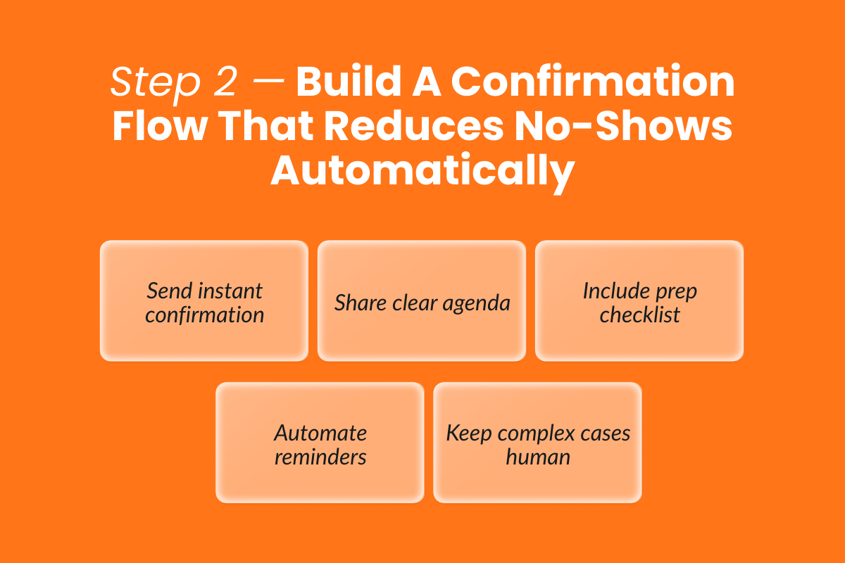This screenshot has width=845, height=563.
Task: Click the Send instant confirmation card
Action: point(204,301)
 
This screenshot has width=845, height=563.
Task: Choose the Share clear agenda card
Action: point(422,301)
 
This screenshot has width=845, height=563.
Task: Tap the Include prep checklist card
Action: point(639,301)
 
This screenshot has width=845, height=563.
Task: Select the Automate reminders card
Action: point(320,443)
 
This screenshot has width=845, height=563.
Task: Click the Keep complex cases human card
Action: point(537,443)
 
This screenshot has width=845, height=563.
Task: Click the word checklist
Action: point(639,315)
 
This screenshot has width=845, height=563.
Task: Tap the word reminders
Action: point(320,456)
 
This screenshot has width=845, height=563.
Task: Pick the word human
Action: point(537,456)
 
